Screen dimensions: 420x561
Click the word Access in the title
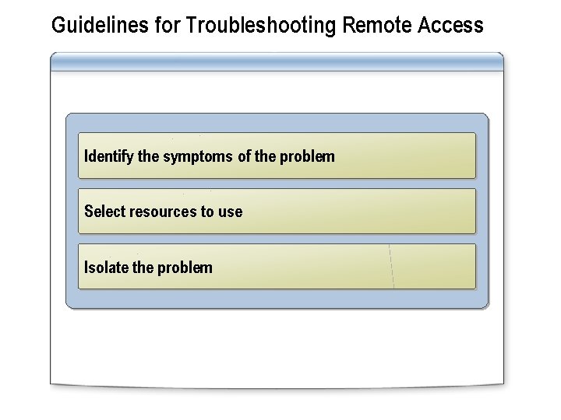pyautogui.click(x=450, y=26)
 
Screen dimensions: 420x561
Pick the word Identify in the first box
pyautogui.click(x=108, y=156)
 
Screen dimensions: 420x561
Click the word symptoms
pyautogui.click(x=197, y=156)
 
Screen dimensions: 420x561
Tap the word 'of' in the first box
pyautogui.click(x=244, y=156)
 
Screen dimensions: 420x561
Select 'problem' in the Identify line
pyautogui.click(x=307, y=156)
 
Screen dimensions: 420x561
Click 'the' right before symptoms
pyautogui.click(x=148, y=156)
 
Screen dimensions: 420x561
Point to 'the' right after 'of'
pyautogui.click(x=265, y=156)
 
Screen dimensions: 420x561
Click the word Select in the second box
pyautogui.click(x=104, y=212)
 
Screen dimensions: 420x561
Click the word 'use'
pyautogui.click(x=231, y=212)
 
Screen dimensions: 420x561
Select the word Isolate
pyautogui.click(x=107, y=268)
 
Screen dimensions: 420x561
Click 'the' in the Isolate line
pyautogui.click(x=143, y=268)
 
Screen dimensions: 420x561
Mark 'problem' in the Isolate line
pyautogui.click(x=185, y=268)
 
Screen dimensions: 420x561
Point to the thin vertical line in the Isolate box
pyautogui.click(x=392, y=267)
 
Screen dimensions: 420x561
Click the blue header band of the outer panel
pyautogui.click(x=277, y=61)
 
